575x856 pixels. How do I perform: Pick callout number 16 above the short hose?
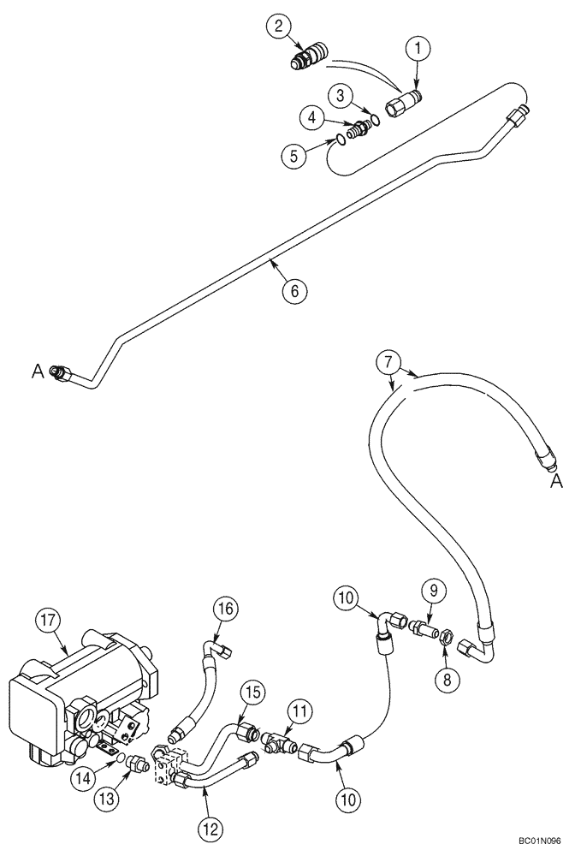pyautogui.click(x=226, y=609)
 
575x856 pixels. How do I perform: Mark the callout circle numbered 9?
pyautogui.click(x=433, y=591)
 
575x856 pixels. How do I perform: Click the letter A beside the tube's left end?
pyautogui.click(x=37, y=370)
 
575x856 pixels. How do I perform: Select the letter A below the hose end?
pyautogui.click(x=556, y=482)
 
